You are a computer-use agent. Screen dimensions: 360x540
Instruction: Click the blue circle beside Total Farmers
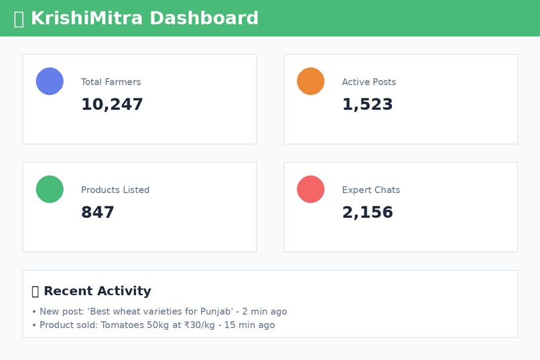pyautogui.click(x=50, y=81)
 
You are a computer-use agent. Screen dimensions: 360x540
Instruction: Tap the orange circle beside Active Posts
pyautogui.click(x=311, y=81)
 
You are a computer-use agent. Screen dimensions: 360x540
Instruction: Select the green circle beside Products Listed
pyautogui.click(x=50, y=189)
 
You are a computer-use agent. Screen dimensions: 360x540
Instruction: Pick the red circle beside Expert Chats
pyautogui.click(x=311, y=189)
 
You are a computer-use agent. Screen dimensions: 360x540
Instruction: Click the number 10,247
pyautogui.click(x=112, y=105)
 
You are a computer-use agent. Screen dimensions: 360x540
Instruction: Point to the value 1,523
pyautogui.click(x=367, y=105)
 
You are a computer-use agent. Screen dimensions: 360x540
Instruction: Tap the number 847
pyautogui.click(x=98, y=213)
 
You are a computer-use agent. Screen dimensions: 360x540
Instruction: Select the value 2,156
pyautogui.click(x=367, y=213)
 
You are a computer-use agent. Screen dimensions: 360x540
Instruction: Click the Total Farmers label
pyautogui.click(x=111, y=82)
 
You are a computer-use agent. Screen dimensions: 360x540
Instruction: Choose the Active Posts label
pyautogui.click(x=368, y=82)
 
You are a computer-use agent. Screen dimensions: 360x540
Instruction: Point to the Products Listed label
pyautogui.click(x=115, y=190)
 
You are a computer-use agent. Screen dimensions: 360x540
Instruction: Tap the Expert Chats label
pyautogui.click(x=370, y=190)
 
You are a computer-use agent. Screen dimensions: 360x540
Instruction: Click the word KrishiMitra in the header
pyautogui.click(x=86, y=18)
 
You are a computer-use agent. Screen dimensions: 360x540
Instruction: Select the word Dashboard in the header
pyautogui.click(x=204, y=18)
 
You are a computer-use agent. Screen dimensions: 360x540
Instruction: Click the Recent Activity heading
pyautogui.click(x=97, y=291)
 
